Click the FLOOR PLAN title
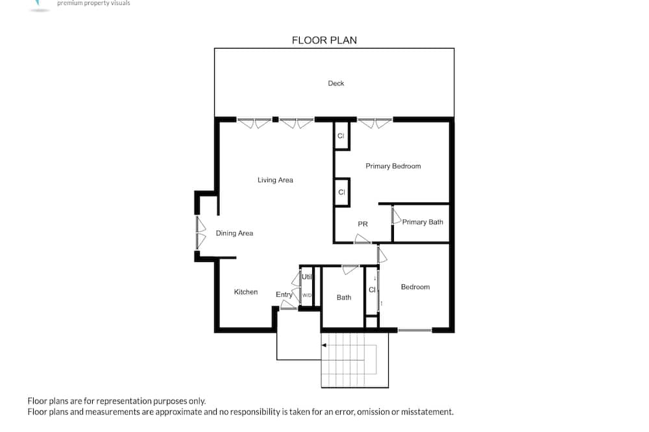click(324, 40)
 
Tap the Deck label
click(336, 83)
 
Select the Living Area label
click(275, 180)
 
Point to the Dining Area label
click(234, 234)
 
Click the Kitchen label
click(246, 292)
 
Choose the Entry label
click(284, 294)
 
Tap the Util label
click(307, 277)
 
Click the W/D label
click(307, 295)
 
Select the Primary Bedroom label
click(393, 166)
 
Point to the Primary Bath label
click(422, 222)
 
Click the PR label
click(363, 224)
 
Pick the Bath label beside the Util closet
click(344, 298)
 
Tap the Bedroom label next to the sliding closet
click(415, 287)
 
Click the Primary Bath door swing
click(397, 216)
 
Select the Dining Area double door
click(201, 233)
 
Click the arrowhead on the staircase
click(324, 345)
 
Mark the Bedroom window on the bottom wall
click(415, 330)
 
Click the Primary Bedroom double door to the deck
click(374, 123)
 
